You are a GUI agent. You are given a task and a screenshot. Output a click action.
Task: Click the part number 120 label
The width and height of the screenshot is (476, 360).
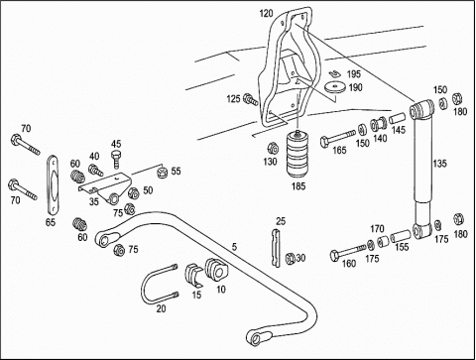[x=267, y=14]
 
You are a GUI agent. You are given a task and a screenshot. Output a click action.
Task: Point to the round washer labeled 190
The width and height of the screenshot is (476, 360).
[x=335, y=87]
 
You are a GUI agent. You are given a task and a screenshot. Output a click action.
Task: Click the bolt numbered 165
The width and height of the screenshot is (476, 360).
[x=338, y=138]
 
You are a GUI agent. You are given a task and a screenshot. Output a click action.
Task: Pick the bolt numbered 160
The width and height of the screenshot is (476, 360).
[x=348, y=252]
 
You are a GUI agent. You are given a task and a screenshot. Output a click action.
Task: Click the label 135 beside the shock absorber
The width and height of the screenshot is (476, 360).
[x=440, y=164]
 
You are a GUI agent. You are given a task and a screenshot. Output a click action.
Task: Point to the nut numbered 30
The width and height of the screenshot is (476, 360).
[x=291, y=258]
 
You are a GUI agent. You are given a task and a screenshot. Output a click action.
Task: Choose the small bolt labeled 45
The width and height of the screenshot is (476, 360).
[x=116, y=160]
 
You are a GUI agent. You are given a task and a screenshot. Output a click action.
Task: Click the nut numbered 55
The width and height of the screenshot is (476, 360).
[x=163, y=172]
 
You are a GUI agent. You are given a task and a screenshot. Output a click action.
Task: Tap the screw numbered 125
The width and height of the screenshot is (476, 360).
[x=251, y=99]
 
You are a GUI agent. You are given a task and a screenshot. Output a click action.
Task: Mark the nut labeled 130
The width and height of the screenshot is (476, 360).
[x=273, y=148]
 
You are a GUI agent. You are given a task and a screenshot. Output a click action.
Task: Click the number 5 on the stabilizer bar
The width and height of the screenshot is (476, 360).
[x=234, y=247]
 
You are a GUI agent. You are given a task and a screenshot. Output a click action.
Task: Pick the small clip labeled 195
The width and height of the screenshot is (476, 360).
[x=334, y=74]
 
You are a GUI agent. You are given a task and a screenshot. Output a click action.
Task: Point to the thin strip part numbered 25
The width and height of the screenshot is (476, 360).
[x=276, y=248]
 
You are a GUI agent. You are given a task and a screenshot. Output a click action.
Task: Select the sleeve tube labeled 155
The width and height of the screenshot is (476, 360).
[x=401, y=236]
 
